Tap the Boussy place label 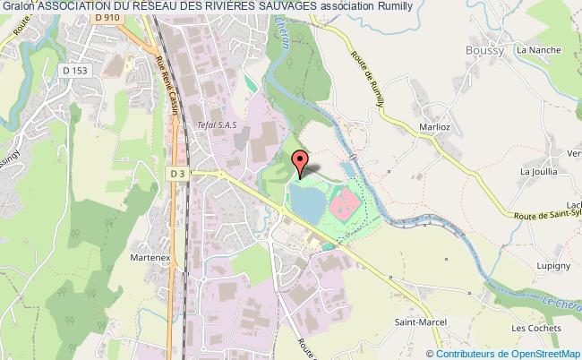(484, 50)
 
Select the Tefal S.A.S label (214, 126)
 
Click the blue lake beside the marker (304, 202)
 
